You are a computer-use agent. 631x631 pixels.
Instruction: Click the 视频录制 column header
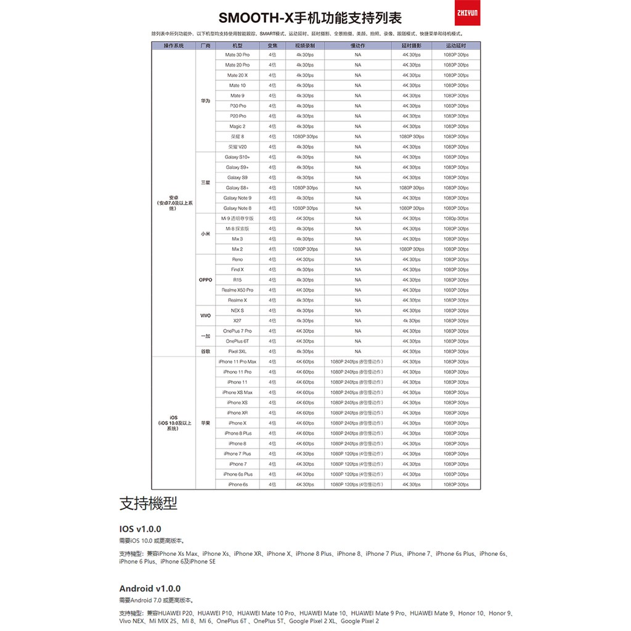coord(304,46)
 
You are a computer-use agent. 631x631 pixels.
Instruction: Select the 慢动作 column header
coord(357,46)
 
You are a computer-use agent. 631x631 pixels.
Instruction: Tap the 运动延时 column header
coord(456,46)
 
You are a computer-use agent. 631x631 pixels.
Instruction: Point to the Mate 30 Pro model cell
coord(237,55)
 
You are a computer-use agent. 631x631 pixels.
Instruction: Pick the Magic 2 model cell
coord(237,126)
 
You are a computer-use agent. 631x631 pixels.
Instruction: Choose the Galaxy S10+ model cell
coord(237,157)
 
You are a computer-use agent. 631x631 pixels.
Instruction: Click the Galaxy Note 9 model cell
coord(237,198)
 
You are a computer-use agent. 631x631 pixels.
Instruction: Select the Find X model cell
coord(237,269)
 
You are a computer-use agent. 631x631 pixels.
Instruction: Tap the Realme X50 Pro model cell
coord(237,290)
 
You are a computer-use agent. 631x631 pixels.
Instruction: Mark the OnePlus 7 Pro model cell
coord(237,331)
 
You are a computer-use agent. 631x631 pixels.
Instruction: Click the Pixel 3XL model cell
coord(237,351)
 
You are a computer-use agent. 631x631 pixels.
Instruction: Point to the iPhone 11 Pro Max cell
coord(237,362)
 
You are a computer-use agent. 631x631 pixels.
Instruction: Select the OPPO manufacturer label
coord(205,280)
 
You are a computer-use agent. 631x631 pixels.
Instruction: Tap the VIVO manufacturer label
coord(205,315)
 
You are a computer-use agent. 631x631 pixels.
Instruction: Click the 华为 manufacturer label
coord(205,100)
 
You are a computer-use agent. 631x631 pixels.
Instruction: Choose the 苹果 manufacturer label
coord(205,423)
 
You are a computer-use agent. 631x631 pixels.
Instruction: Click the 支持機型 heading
coord(148,504)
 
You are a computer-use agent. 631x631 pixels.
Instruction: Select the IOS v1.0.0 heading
coord(140,529)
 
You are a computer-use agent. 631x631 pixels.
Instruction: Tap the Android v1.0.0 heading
coord(150,588)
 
